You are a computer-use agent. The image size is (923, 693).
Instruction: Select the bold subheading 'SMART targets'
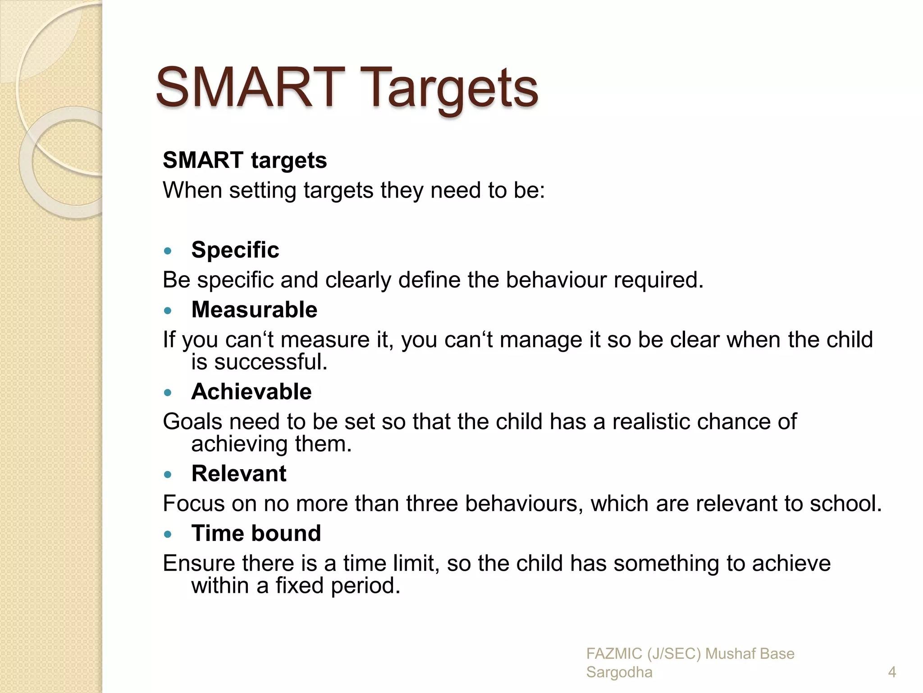point(245,161)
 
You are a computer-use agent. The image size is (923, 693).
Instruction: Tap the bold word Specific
point(235,250)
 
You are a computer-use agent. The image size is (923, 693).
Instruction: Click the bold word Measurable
point(254,310)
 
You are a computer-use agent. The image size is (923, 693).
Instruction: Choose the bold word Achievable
point(251,392)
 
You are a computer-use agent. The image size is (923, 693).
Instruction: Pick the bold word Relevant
point(238,474)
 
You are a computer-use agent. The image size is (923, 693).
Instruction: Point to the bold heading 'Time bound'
point(256,533)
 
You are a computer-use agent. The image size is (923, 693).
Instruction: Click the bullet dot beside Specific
point(168,251)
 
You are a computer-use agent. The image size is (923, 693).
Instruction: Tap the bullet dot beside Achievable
point(168,393)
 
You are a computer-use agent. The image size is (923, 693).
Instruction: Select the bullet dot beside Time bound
point(168,535)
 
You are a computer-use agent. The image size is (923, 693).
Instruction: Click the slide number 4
point(891,672)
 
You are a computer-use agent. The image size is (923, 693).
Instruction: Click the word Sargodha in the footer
point(619,672)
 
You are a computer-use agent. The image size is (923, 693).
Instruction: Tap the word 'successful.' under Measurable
point(270,362)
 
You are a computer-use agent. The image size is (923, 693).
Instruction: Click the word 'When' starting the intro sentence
point(192,190)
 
